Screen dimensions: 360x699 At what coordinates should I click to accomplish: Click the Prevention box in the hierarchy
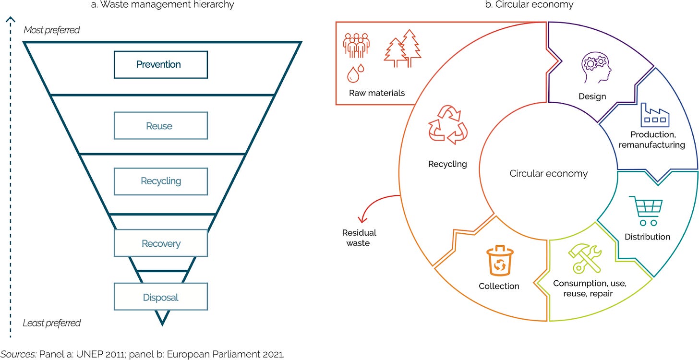[x=160, y=64]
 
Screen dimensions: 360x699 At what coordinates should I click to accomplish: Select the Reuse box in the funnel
[x=160, y=126]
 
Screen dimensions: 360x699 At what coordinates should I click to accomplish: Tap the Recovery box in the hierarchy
[x=160, y=243]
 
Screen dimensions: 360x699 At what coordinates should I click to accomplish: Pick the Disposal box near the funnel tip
[x=160, y=297]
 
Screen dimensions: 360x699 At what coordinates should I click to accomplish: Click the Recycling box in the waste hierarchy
[x=160, y=181]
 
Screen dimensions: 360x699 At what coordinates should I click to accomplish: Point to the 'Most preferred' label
[x=51, y=30]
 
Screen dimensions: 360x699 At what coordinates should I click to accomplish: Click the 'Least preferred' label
[x=51, y=323]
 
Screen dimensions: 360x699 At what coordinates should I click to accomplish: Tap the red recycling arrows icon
[x=447, y=125]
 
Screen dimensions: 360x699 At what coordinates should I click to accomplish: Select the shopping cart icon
[x=648, y=211]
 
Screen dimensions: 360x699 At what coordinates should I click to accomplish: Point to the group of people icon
[x=356, y=47]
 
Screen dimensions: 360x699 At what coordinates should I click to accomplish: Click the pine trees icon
[x=402, y=48]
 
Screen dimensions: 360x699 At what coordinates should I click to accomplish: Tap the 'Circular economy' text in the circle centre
[x=548, y=173]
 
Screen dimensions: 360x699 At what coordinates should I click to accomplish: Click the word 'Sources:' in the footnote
[x=19, y=354]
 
